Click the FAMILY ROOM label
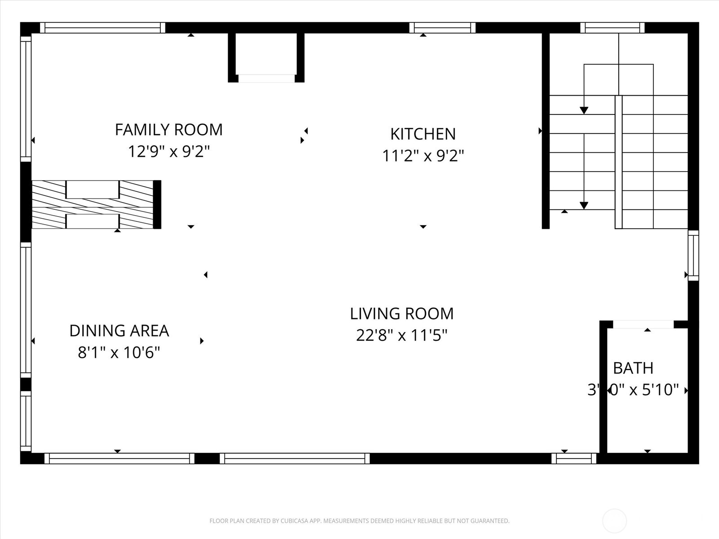(x=169, y=130)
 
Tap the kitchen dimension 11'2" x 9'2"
(x=422, y=156)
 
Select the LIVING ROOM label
(x=401, y=314)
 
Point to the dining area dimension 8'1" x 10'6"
(x=119, y=353)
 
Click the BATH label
(x=633, y=368)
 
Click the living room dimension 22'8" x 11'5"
(x=401, y=336)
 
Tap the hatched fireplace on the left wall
(x=93, y=204)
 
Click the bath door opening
(x=643, y=324)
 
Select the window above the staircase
(x=612, y=27)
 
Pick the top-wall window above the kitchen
(x=442, y=27)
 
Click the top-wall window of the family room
(x=103, y=27)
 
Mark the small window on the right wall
(x=693, y=255)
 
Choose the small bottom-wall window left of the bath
(x=574, y=458)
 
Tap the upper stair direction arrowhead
(x=584, y=110)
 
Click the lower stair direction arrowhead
(x=584, y=205)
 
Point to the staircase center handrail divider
(x=618, y=162)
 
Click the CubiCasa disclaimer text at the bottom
(x=359, y=521)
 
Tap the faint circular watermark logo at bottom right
(x=614, y=521)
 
